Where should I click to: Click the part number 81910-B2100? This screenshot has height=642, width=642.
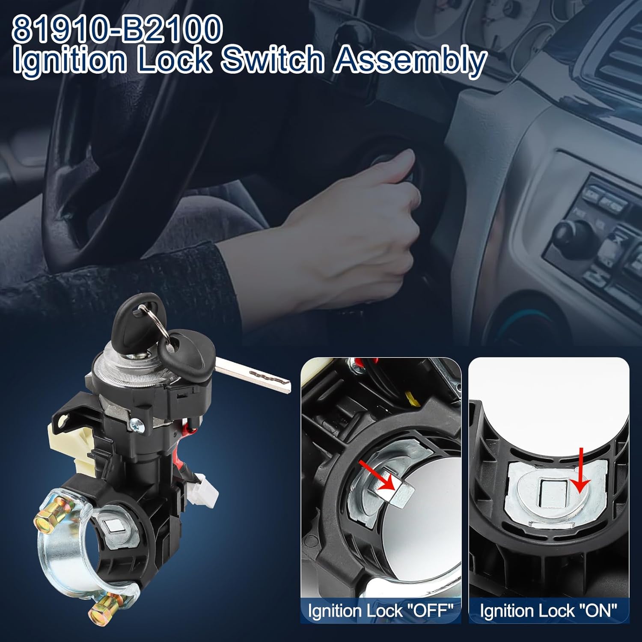tap(118, 28)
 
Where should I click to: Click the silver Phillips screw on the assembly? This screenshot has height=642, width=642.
tap(137, 425)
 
